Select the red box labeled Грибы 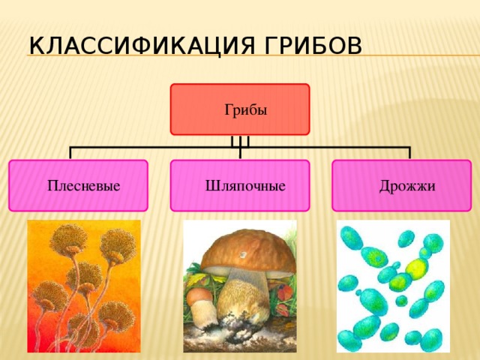point(240,109)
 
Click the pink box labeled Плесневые point(78,185)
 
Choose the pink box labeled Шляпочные point(240,185)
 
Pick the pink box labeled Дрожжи point(401,185)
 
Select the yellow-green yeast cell point(415,267)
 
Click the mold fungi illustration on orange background point(84,286)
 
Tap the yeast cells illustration point(393,286)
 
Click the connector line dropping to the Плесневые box point(70,153)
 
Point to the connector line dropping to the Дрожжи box point(409,153)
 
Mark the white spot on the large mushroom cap point(242,256)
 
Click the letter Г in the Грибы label point(227,110)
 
